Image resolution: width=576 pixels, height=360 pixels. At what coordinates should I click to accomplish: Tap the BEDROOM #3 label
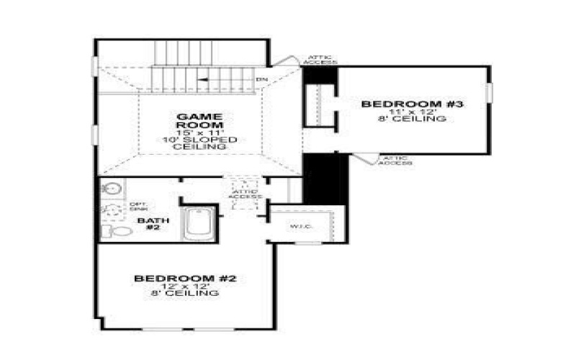(412, 104)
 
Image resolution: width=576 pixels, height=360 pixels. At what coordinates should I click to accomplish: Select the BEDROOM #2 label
(186, 278)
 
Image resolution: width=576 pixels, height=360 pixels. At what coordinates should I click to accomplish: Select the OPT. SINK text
(138, 207)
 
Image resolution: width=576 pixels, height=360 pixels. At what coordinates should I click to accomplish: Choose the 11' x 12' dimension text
(411, 112)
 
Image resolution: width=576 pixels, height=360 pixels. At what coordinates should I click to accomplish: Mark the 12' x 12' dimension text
(185, 286)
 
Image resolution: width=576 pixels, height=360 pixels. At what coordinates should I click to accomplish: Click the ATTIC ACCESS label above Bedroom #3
(319, 60)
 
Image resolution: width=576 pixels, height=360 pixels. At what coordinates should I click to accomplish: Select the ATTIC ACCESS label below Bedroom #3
(396, 161)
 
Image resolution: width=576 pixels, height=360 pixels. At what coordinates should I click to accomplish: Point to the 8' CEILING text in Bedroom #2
(186, 294)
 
